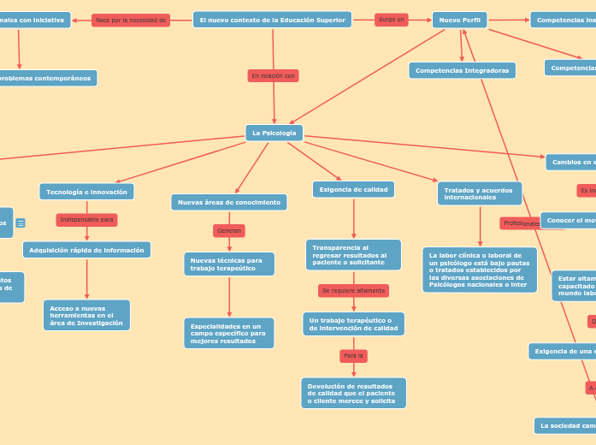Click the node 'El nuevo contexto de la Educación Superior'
tap(272, 20)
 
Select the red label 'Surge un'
tap(391, 20)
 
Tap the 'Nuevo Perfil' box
tap(459, 20)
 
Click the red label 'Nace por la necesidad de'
tap(130, 20)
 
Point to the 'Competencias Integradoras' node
tap(462, 70)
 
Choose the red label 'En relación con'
tap(273, 76)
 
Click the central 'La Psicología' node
tap(274, 133)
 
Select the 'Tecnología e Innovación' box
tap(86, 192)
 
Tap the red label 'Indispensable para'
tap(86, 220)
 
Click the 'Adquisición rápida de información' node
tap(86, 250)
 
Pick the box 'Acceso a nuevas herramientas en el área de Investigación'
tap(86, 315)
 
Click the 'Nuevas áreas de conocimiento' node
tap(228, 202)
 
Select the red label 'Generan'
tap(228, 231)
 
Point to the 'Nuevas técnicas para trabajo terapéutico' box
tap(228, 264)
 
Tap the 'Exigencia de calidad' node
tap(353, 189)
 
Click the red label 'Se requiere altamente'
tap(353, 291)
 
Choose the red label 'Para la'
tap(353, 355)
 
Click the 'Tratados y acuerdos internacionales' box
tap(479, 193)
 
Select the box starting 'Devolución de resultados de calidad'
tap(353, 393)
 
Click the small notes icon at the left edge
tap(21, 223)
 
